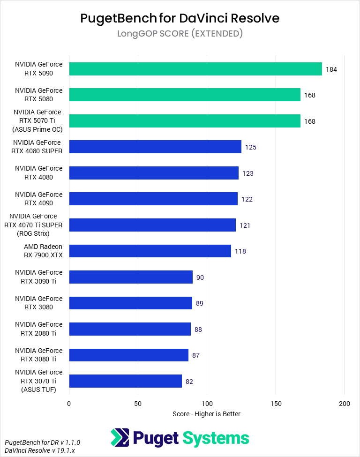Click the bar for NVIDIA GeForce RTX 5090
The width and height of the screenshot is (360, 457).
click(195, 69)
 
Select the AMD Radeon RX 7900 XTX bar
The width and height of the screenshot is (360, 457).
click(150, 251)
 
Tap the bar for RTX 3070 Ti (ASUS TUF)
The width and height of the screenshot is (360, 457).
click(125, 381)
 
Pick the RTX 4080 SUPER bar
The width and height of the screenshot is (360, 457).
click(155, 147)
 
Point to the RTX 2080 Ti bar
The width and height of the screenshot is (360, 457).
click(130, 329)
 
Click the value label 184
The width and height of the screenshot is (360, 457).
click(331, 69)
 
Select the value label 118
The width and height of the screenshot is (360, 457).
click(240, 251)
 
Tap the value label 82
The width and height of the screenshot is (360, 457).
click(189, 382)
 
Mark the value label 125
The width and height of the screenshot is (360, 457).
click(251, 147)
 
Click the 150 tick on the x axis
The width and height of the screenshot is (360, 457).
click(276, 403)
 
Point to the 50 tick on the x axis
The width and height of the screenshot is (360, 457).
click(138, 403)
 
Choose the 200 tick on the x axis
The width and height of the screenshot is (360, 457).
click(345, 403)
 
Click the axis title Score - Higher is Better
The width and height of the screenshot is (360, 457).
click(206, 414)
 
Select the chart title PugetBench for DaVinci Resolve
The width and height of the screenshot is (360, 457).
click(180, 18)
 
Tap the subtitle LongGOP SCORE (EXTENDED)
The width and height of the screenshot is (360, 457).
click(180, 34)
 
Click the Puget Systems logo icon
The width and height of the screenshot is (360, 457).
click(120, 438)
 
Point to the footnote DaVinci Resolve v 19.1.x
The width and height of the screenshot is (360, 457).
click(36, 450)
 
